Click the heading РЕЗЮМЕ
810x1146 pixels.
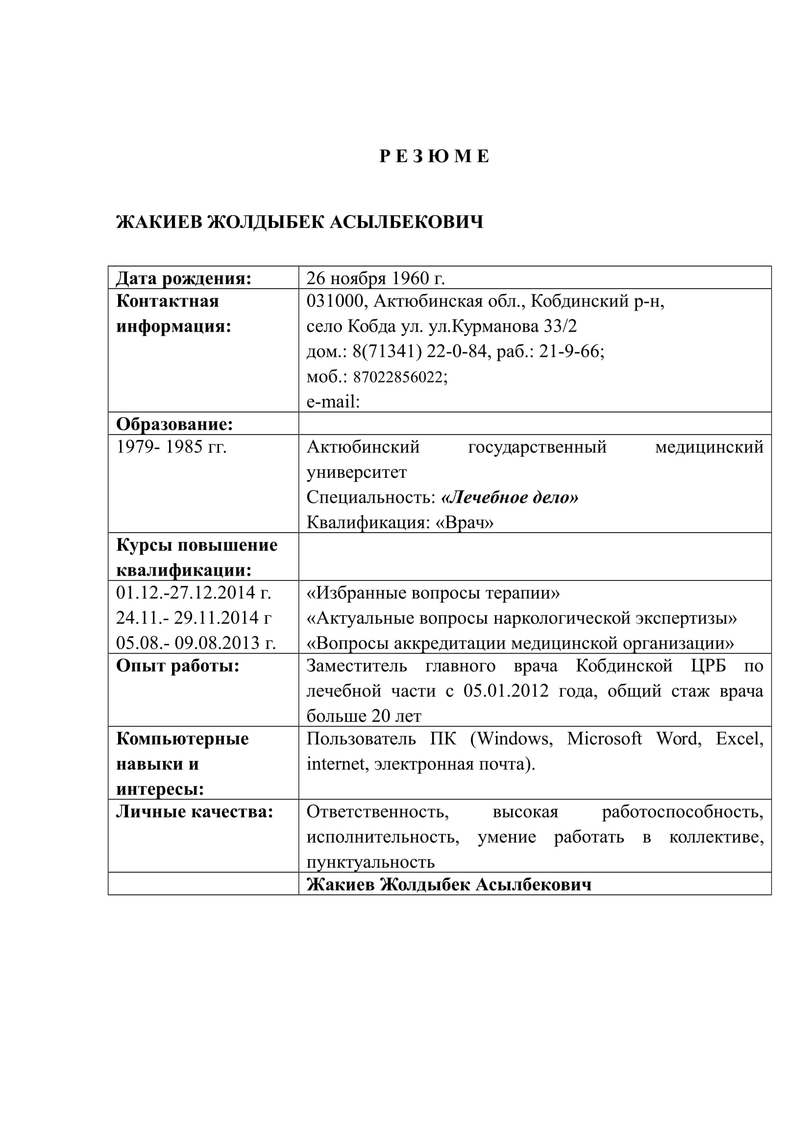coord(434,157)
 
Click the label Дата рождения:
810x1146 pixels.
coord(184,278)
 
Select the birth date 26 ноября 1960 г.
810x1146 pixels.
coord(375,278)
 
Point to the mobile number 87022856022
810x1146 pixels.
coord(399,377)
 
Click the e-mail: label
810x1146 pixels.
coord(333,402)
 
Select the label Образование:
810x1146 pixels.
coord(174,424)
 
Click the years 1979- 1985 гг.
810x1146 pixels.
coord(171,447)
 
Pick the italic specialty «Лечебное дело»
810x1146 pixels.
coord(510,497)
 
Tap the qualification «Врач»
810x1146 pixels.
coord(465,523)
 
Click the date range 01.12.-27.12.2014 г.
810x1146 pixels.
coord(194,592)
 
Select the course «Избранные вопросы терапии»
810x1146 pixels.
coord(433,593)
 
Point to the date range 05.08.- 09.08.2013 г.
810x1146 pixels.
coord(196,643)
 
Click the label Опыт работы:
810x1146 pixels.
coord(178,665)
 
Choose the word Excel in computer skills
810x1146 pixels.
coord(738,739)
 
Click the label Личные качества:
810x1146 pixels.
coord(195,812)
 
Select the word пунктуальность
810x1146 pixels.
coord(371,862)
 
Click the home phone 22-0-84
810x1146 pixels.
coord(456,352)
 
